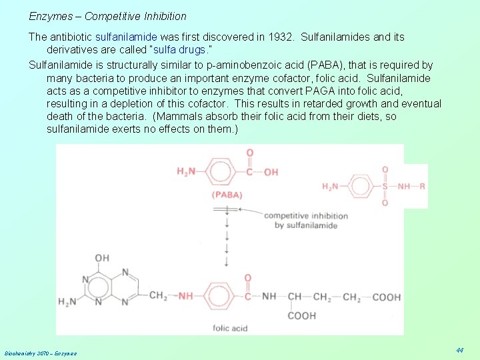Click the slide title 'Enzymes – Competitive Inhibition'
pos(107,16)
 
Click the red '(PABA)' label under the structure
pos(227,195)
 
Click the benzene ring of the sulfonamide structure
pos(361,186)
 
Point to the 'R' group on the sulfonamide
pos(422,187)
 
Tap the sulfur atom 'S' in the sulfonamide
pos(385,187)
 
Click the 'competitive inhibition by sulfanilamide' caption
pos(305,220)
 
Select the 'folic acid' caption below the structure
pos(230,328)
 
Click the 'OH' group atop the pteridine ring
pos(102,259)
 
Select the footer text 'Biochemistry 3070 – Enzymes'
pos(40,353)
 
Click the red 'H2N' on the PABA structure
pos(187,172)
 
